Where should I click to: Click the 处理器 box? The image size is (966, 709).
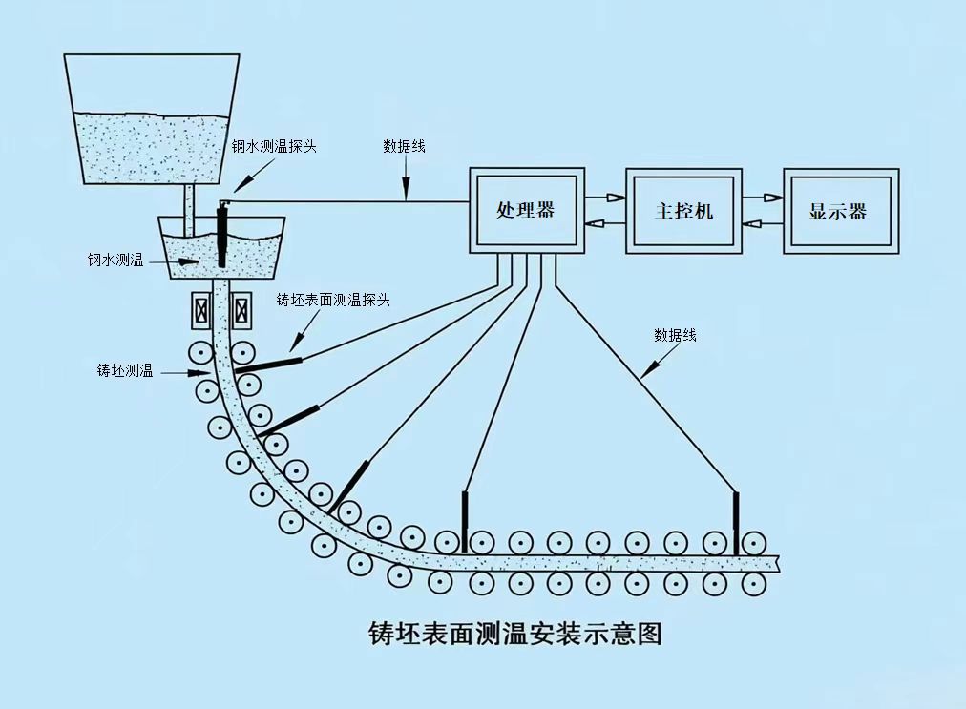click(x=525, y=211)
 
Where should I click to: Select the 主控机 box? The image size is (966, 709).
click(x=682, y=211)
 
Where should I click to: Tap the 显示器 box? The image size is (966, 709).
click(x=840, y=211)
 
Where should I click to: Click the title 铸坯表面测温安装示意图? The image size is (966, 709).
click(x=514, y=633)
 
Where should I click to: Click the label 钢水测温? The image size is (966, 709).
click(x=115, y=260)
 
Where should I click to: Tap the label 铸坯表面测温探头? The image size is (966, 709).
click(x=333, y=300)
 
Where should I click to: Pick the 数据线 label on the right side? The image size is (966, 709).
click(x=675, y=335)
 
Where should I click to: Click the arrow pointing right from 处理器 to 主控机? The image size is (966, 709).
click(x=603, y=198)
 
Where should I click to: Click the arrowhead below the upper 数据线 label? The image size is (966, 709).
click(x=406, y=193)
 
